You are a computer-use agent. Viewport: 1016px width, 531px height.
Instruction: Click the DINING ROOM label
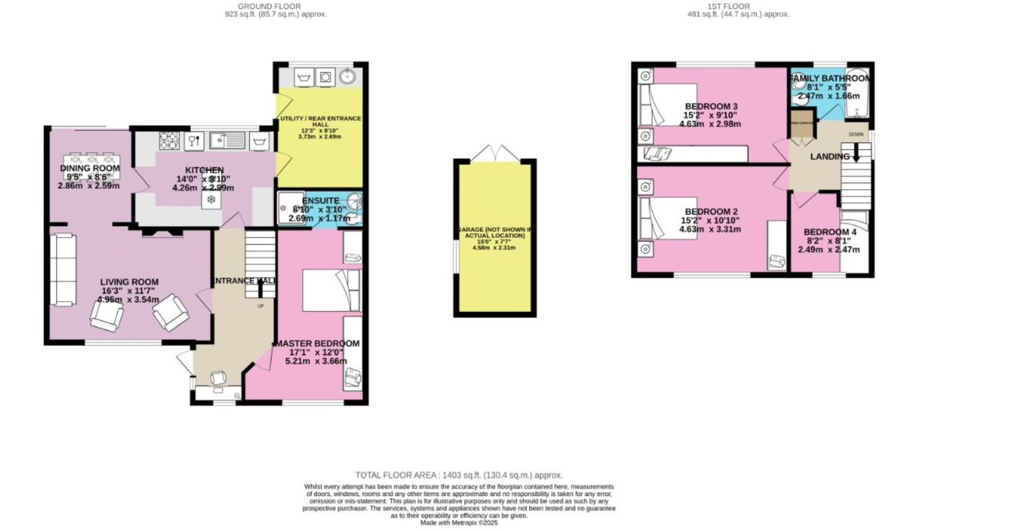click(90, 168)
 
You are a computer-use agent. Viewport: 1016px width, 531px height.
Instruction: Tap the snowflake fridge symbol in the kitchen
click(211, 200)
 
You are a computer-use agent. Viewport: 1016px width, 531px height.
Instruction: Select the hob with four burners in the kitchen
click(169, 140)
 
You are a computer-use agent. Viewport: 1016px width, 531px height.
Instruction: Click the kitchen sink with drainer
click(227, 140)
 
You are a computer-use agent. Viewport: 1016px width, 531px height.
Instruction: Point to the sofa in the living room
click(63, 270)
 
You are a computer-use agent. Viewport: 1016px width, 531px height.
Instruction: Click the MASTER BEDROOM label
click(316, 344)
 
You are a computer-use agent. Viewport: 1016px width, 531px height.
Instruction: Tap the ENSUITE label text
click(320, 201)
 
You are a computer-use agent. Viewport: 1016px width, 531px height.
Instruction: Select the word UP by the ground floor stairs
click(260, 306)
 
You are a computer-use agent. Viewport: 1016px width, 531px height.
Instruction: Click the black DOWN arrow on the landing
click(855, 153)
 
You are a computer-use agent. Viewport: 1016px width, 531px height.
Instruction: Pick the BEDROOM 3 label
click(711, 106)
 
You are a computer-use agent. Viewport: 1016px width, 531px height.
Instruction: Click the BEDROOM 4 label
click(830, 232)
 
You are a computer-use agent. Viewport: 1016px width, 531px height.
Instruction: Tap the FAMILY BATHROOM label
click(830, 78)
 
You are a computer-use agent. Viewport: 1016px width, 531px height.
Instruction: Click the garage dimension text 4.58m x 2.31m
click(494, 248)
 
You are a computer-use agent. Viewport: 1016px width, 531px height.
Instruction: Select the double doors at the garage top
click(495, 152)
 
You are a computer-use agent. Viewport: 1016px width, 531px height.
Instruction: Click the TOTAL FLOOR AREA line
click(459, 475)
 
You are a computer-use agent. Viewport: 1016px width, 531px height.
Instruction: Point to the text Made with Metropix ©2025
click(459, 523)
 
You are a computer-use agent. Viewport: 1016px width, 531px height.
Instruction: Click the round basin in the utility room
click(347, 77)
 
